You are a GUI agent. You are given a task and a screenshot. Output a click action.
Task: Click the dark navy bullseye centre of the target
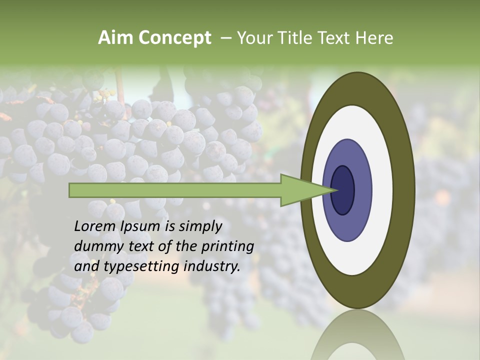pyautogui.click(x=343, y=190)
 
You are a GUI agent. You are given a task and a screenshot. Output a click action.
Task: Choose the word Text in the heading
pyautogui.click(x=336, y=38)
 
